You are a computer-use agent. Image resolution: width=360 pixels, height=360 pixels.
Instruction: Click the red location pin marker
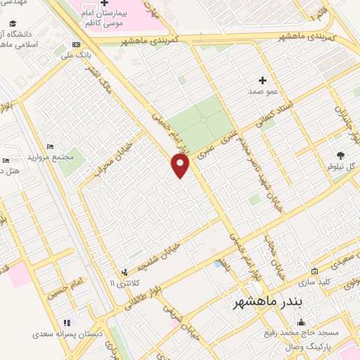(x=181, y=166)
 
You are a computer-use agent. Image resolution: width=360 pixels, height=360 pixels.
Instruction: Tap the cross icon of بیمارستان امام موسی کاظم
(x=104, y=4)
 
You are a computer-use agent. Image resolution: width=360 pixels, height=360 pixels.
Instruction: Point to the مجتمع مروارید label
(x=51, y=157)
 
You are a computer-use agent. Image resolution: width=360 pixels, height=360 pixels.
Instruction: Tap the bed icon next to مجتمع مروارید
(x=49, y=146)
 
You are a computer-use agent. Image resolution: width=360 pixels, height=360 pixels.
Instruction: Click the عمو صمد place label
(x=262, y=91)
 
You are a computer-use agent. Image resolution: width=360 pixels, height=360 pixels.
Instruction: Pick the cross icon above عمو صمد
(x=263, y=80)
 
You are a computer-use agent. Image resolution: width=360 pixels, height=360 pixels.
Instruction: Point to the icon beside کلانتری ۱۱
(x=124, y=271)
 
